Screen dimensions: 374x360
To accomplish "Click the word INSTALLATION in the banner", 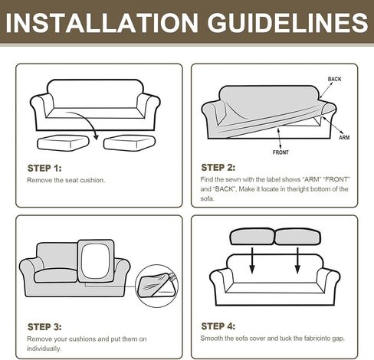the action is pos(102,22).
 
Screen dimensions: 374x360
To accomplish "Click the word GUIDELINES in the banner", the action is pos(287,22).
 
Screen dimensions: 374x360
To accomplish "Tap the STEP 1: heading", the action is pos(44,169).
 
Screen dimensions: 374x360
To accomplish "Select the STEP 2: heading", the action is pos(218,168).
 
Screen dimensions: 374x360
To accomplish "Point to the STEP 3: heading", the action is pos(44,327).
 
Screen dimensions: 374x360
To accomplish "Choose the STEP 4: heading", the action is pos(218,326).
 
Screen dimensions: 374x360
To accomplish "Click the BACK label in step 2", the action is pos(334,79).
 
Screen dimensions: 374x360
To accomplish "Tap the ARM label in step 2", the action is pos(344,137).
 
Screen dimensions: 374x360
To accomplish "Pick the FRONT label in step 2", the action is pos(280,152).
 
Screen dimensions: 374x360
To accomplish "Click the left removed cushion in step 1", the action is pos(63,143).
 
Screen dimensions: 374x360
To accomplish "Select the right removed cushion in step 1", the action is pos(130,143).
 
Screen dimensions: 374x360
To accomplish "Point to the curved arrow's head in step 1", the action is pos(96,136).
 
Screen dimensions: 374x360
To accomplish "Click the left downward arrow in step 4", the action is pos(252,260).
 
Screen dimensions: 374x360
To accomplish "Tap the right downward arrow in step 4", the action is pos(297,260).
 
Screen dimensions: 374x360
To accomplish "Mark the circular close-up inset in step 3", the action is pos(156,286).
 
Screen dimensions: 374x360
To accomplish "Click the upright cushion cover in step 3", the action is pos(96,261).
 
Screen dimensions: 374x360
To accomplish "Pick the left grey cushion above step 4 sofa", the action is pos(252,237).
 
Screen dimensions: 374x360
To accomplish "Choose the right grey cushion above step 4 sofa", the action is pos(297,237).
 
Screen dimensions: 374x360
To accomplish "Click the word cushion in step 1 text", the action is pos(93,180).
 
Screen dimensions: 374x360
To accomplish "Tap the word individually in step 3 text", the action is pos(44,349).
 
